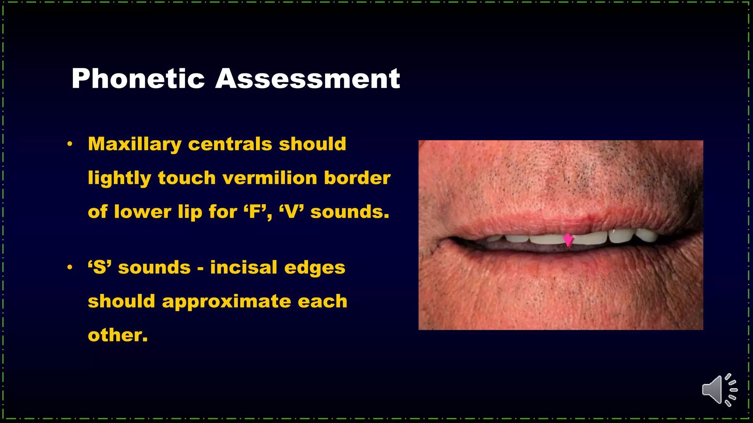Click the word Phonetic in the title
(x=138, y=79)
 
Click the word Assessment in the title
(x=307, y=79)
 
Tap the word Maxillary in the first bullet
(x=135, y=144)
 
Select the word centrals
(x=230, y=144)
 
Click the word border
(x=357, y=178)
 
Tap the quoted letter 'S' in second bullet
(x=100, y=267)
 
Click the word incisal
(x=243, y=267)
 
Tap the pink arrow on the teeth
(x=568, y=241)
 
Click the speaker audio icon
(x=719, y=390)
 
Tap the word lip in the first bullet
(x=190, y=212)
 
